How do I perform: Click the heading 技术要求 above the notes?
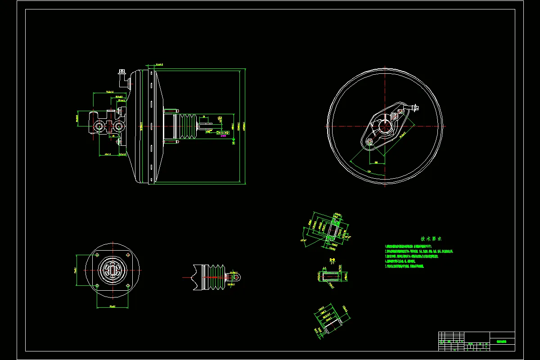[432, 239]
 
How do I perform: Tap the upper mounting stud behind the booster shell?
[171, 111]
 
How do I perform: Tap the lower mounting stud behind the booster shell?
[171, 142]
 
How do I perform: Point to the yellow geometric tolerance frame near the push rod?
[223, 133]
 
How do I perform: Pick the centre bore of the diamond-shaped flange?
[385, 126]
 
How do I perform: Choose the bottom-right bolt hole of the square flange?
[128, 285]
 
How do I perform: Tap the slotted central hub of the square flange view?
[112, 270]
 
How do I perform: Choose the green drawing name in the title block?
[502, 342]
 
